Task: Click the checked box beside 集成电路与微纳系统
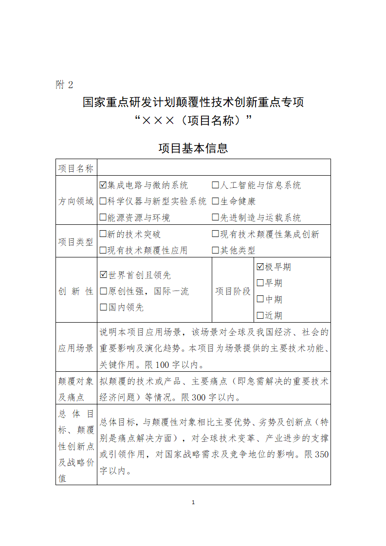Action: (x=103, y=185)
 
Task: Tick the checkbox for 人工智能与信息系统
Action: (x=215, y=185)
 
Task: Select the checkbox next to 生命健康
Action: (x=215, y=201)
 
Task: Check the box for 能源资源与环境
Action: (x=103, y=218)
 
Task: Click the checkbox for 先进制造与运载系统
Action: (x=215, y=218)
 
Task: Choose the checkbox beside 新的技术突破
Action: (x=103, y=234)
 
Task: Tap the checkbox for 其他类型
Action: (x=215, y=250)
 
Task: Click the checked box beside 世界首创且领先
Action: (x=103, y=275)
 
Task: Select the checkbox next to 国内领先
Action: (x=103, y=307)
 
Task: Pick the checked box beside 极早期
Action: (x=260, y=267)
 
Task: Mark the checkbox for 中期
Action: (x=260, y=299)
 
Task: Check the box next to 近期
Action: (x=260, y=315)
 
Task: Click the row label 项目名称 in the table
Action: (x=76, y=168)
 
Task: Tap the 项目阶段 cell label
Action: (x=233, y=291)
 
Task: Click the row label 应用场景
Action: (x=76, y=348)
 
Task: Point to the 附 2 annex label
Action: (x=64, y=85)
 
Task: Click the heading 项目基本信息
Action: (x=193, y=148)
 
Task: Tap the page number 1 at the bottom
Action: (x=193, y=502)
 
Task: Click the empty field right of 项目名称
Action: (x=214, y=167)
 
